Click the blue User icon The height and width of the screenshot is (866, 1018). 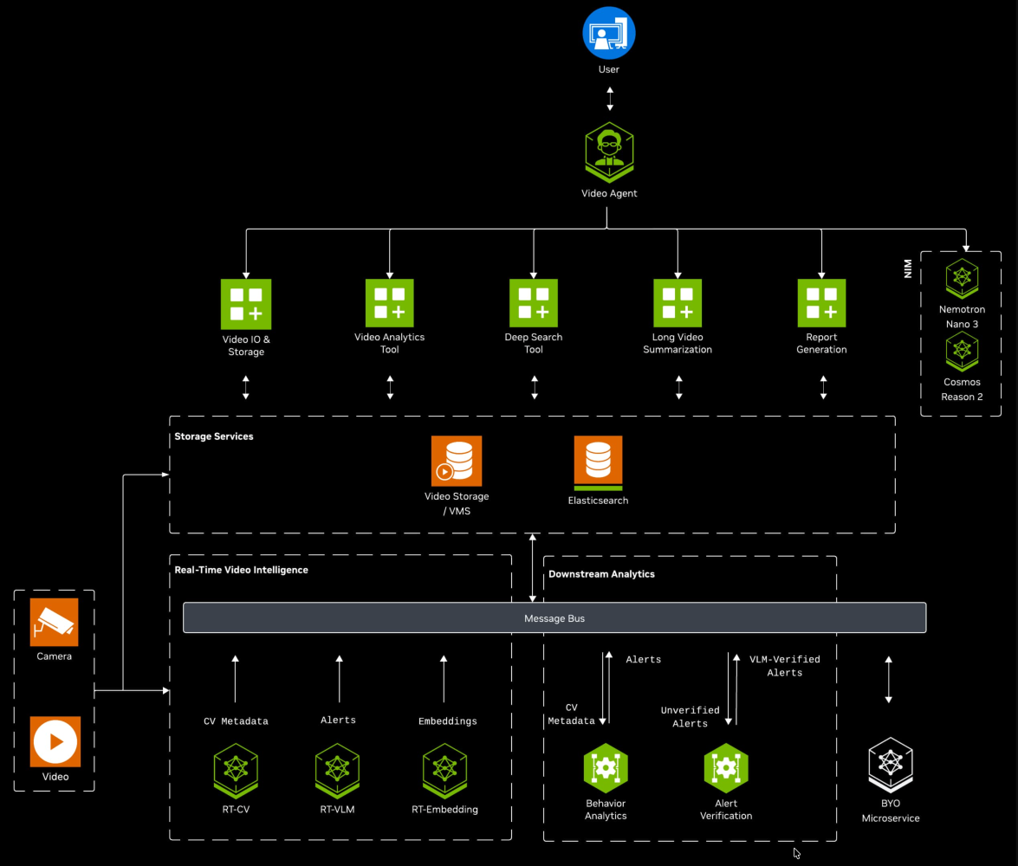click(609, 34)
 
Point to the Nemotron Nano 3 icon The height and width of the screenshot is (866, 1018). click(962, 277)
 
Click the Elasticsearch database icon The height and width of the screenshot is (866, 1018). click(598, 462)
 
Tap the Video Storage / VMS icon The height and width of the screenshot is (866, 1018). click(457, 461)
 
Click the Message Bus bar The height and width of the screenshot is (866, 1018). click(554, 618)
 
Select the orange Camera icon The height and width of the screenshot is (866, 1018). click(55, 622)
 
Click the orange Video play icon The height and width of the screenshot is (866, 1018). click(55, 741)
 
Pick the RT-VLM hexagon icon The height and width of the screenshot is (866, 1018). click(337, 769)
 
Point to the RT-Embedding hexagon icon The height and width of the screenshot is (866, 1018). click(444, 769)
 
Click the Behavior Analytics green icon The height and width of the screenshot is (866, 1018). click(606, 767)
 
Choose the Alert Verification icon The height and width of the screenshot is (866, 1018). click(726, 767)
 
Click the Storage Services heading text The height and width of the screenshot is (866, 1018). click(214, 436)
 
